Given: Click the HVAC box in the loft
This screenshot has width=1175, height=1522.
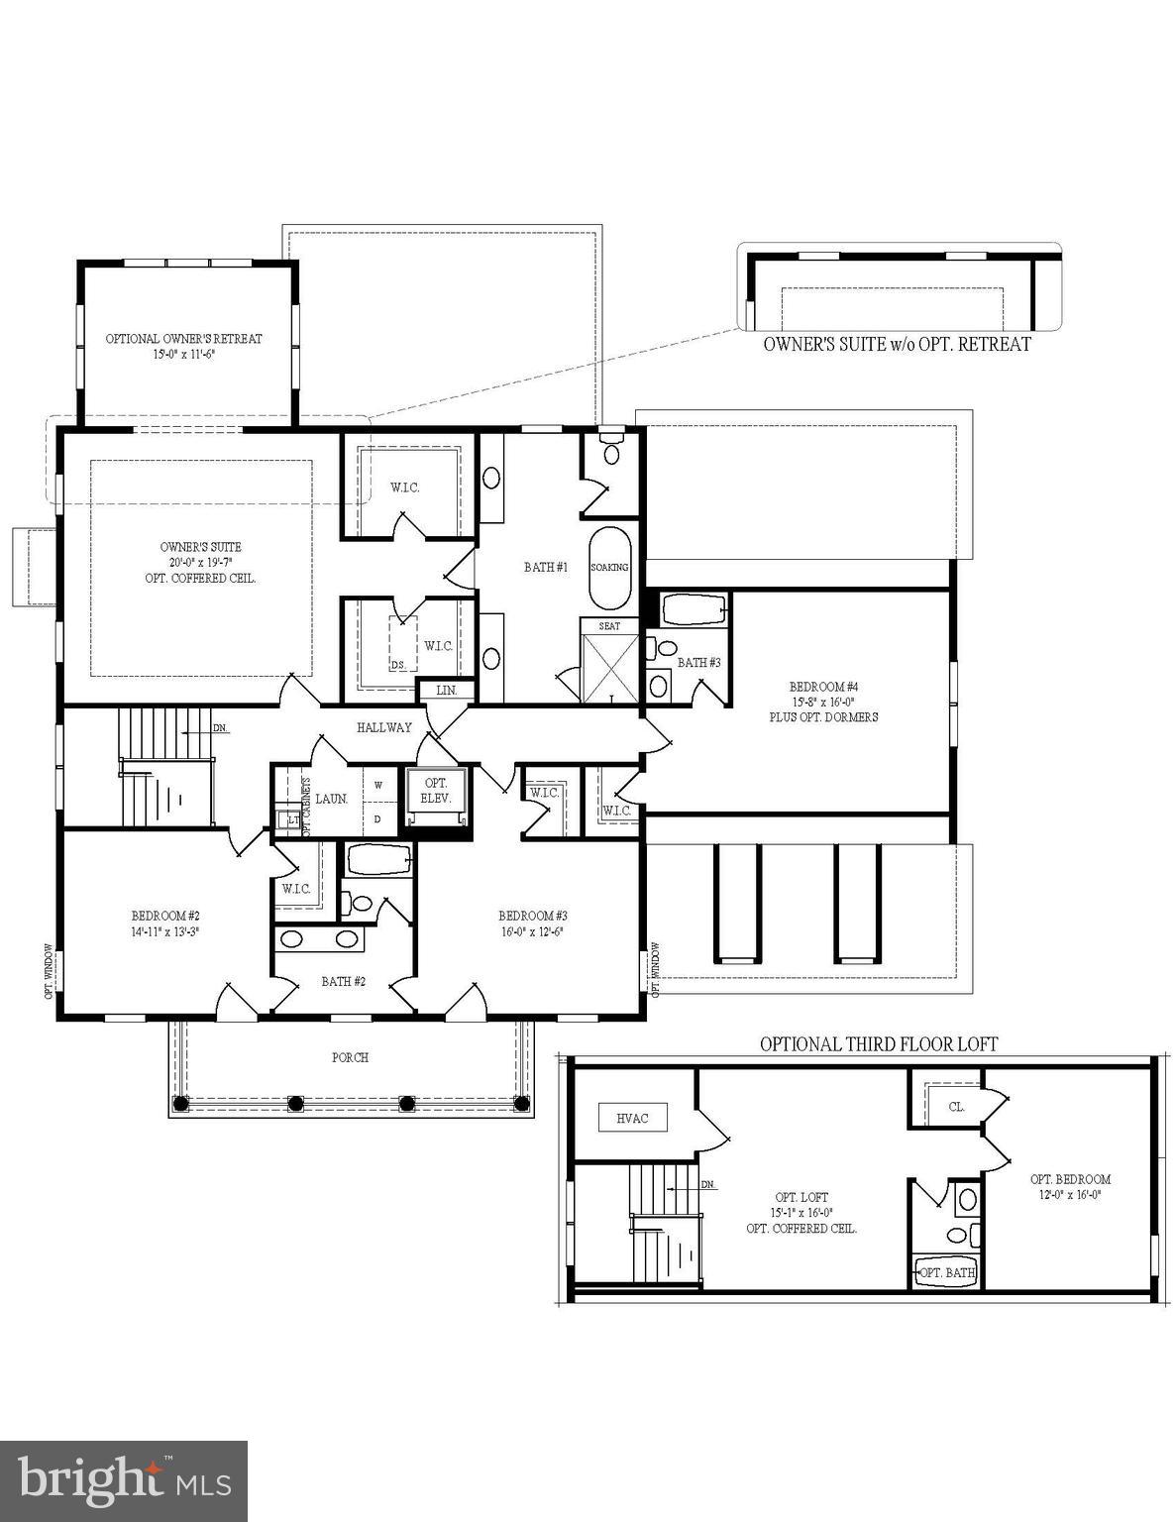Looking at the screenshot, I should point(632,1118).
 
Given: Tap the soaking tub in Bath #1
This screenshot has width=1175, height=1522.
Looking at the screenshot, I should point(609,568).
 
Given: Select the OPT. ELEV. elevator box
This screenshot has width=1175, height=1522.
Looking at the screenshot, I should point(436,791).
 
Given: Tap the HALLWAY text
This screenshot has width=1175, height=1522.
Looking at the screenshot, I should point(384,727).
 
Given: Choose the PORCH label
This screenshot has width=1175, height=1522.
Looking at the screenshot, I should point(350,1057).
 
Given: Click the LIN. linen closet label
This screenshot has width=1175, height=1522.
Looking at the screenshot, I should point(447,690).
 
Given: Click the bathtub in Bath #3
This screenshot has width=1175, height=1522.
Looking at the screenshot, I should point(694,609).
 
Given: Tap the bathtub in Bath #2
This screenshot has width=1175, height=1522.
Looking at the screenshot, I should point(378,859).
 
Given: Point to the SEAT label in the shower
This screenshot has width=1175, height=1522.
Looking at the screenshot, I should point(609,626).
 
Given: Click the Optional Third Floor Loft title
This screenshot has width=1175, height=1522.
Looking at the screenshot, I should point(878,1043).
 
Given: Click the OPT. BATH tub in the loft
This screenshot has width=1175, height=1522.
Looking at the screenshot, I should point(947,1271).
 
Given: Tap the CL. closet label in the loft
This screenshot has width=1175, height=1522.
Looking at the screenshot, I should point(956,1107).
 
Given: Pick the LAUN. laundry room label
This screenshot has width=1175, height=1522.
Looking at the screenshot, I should point(331,799).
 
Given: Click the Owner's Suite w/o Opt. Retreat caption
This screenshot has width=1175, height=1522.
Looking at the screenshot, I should point(897,344).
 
